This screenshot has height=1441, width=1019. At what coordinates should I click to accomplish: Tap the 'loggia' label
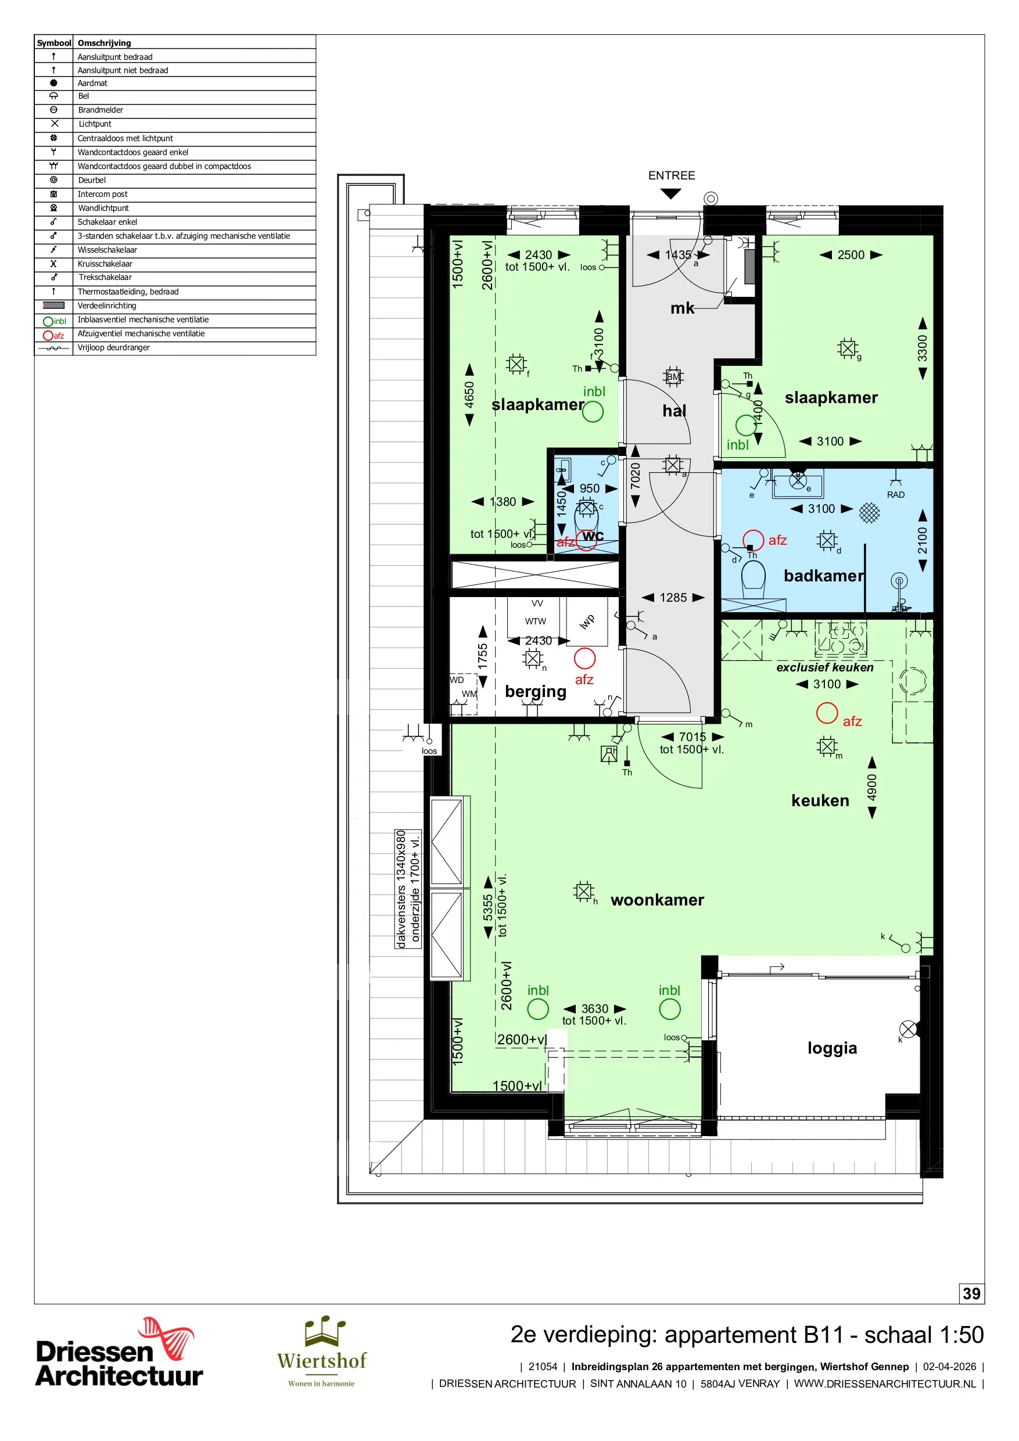pyautogui.click(x=832, y=1049)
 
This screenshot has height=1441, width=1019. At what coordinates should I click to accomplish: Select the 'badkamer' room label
pyautogui.click(x=824, y=576)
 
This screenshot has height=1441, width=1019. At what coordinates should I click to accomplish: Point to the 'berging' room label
pyautogui.click(x=536, y=692)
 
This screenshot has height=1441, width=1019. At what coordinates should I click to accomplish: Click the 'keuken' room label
pyautogui.click(x=820, y=800)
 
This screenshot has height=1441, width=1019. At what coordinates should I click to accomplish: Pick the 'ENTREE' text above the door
pyautogui.click(x=671, y=176)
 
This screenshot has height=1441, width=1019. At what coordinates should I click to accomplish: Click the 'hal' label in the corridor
pyautogui.click(x=674, y=411)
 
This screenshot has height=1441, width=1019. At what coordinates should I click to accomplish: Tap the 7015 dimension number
pyautogui.click(x=693, y=737)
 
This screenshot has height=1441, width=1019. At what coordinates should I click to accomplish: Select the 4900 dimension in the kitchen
pyautogui.click(x=872, y=787)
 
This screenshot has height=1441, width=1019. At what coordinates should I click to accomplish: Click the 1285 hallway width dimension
pyautogui.click(x=673, y=598)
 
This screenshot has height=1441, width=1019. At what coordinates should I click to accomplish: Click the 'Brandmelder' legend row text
pyautogui.click(x=101, y=110)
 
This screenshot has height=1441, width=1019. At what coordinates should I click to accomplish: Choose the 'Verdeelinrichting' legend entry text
pyautogui.click(x=107, y=306)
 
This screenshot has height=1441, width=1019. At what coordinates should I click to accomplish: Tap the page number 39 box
pyautogui.click(x=971, y=1293)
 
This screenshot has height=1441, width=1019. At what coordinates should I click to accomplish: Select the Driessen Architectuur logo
pyautogui.click(x=119, y=1353)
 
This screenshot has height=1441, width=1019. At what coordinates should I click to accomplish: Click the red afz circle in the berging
pyautogui.click(x=584, y=659)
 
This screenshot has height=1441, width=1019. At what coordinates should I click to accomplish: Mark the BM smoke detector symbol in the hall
pyautogui.click(x=673, y=376)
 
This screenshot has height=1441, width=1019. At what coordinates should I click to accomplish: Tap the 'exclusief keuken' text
pyautogui.click(x=825, y=667)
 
